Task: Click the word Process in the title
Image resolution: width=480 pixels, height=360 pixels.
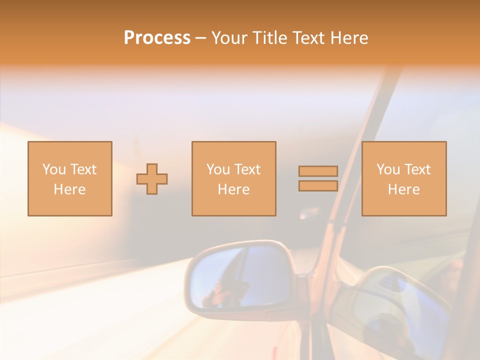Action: point(157,38)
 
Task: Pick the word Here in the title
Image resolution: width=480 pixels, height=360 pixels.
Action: point(350,38)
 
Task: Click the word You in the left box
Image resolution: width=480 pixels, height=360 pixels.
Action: point(53,169)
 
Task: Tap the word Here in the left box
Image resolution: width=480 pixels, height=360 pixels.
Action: point(69,189)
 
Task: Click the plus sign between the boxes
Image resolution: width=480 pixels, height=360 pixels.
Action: point(152,179)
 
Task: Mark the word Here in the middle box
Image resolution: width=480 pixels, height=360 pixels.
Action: point(233,189)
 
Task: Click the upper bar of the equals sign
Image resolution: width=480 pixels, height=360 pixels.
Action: point(318,171)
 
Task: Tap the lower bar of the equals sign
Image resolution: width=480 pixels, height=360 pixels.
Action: point(318,186)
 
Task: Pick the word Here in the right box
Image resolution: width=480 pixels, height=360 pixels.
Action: point(403,189)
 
